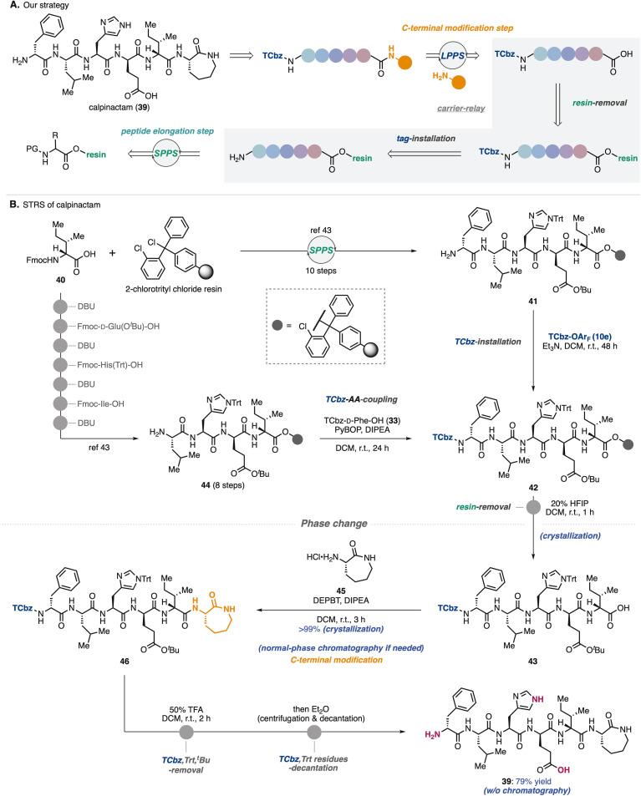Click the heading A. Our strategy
click(36, 8)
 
